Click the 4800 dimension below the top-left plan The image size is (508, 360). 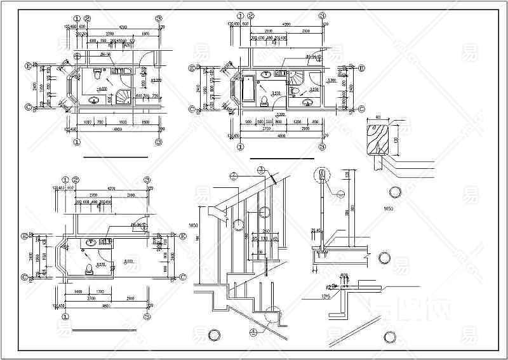119,130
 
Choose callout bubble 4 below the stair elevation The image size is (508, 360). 253,331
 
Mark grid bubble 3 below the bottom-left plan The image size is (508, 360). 147,316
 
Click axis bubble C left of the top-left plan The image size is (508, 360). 29,107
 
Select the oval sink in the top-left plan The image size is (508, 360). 95,100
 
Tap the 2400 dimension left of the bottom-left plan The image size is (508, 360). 30,257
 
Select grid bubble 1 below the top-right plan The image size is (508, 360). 241,147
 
